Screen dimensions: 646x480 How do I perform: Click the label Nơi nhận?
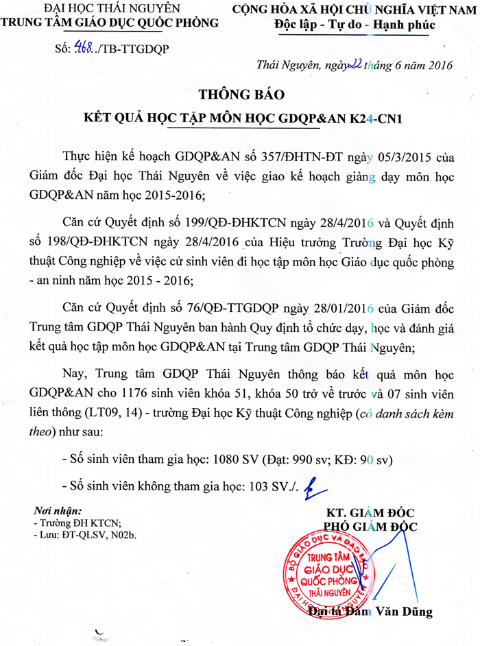[x=58, y=511]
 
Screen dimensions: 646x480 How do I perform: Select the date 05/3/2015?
[x=394, y=156]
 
